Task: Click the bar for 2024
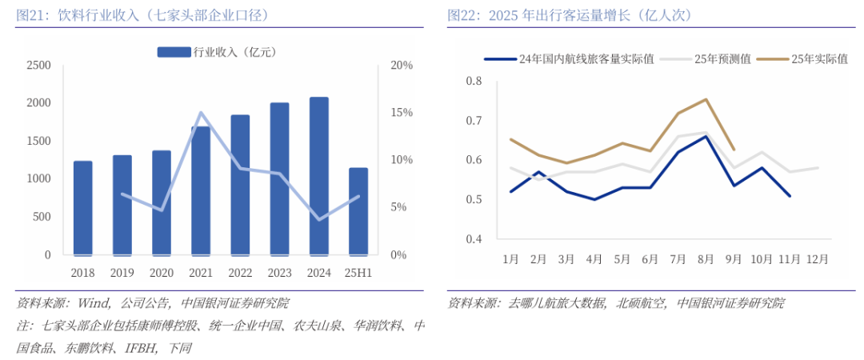point(318,176)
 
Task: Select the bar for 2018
point(83,208)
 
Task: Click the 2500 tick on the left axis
point(38,65)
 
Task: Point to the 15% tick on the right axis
point(401,113)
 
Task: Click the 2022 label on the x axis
point(240,273)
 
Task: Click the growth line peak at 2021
point(201,113)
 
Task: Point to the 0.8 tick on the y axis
point(474,81)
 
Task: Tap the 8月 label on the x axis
point(706,259)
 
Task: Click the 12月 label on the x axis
point(818,259)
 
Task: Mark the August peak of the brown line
point(706,99)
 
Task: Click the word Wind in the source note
point(94,303)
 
